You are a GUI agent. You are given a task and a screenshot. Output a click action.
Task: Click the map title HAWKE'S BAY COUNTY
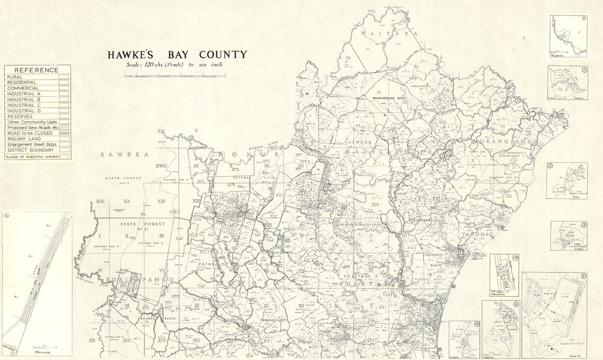point(177,55)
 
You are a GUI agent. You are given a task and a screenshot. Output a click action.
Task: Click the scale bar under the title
point(175,76)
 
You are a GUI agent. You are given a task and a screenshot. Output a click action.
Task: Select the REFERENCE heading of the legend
point(37,70)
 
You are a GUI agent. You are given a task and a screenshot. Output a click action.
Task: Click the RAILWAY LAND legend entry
point(24,139)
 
